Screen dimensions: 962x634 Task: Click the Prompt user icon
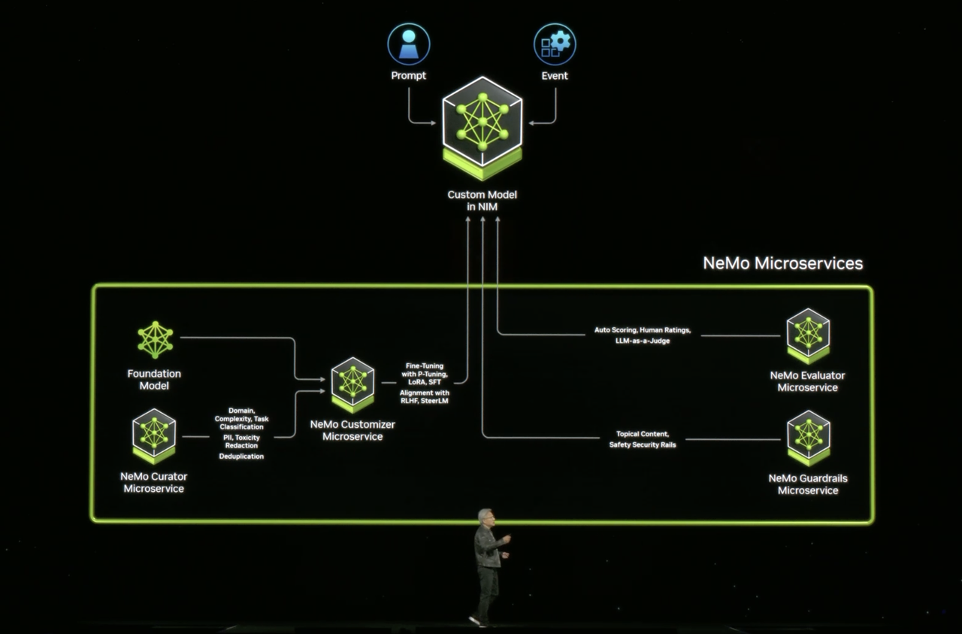(x=408, y=44)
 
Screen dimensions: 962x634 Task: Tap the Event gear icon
(x=555, y=44)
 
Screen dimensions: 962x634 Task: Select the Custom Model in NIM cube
(x=483, y=128)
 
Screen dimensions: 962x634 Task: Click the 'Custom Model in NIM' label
(x=483, y=201)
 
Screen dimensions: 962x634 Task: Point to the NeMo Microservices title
(x=782, y=263)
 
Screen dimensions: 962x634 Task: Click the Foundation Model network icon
(x=155, y=340)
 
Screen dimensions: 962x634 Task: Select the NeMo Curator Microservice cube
(x=154, y=436)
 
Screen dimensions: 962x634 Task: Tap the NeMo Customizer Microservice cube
(x=352, y=385)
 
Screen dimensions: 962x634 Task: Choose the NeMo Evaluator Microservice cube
(x=808, y=335)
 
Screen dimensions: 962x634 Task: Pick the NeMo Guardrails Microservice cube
(x=808, y=438)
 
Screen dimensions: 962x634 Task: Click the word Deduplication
(x=241, y=457)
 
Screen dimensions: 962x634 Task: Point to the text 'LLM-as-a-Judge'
(x=643, y=341)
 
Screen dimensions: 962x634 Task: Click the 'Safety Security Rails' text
(x=643, y=445)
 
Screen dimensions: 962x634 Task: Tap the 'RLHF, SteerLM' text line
(x=425, y=401)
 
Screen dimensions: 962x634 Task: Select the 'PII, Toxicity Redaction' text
(x=241, y=441)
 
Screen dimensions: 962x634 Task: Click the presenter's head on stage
(x=486, y=517)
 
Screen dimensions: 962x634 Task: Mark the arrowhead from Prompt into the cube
(x=434, y=123)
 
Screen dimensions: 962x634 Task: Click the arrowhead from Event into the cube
(x=531, y=123)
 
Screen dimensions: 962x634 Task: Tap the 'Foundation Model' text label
(x=154, y=380)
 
